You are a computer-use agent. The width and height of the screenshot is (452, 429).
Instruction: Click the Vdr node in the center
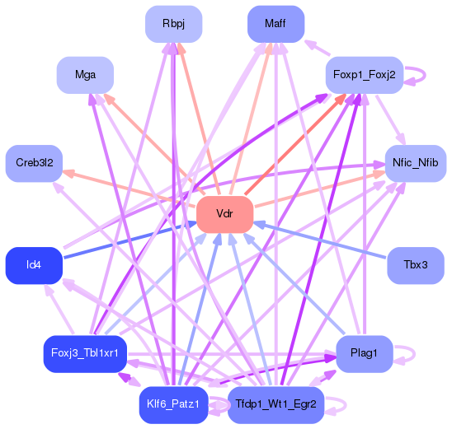pyautogui.click(x=224, y=214)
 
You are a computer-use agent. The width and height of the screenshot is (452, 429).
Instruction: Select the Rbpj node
pyautogui.click(x=173, y=24)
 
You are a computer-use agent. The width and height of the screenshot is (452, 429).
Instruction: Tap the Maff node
pyautogui.click(x=275, y=24)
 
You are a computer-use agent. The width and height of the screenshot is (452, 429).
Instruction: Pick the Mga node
pyautogui.click(x=85, y=75)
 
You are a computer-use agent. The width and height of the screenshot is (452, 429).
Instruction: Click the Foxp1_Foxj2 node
pyautogui.click(x=364, y=75)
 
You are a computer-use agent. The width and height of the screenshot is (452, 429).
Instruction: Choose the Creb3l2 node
pyautogui.click(x=34, y=163)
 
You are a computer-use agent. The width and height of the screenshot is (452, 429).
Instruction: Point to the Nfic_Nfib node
pyautogui.click(x=416, y=163)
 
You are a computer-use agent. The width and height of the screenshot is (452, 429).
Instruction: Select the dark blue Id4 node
pyautogui.click(x=34, y=265)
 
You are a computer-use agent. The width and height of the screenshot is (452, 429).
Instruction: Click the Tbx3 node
pyautogui.click(x=416, y=265)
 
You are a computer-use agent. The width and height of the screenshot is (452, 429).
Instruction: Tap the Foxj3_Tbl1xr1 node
pyautogui.click(x=85, y=353)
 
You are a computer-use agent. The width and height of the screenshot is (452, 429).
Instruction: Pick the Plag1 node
pyautogui.click(x=364, y=353)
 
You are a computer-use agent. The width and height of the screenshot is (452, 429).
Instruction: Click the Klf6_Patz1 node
pyautogui.click(x=173, y=404)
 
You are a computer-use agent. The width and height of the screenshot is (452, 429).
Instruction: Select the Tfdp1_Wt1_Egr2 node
pyautogui.click(x=275, y=404)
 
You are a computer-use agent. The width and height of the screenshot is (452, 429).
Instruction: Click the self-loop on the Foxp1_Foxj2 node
pyautogui.click(x=421, y=75)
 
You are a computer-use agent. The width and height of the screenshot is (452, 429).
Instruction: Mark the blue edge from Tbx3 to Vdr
pyautogui.click(x=330, y=242)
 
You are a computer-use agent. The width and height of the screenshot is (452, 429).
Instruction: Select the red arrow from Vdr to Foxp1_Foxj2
pyautogui.click(x=297, y=141)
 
